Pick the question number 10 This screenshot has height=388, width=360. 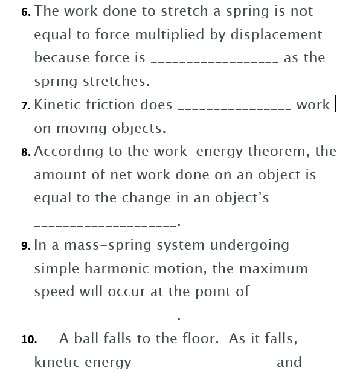(29, 340)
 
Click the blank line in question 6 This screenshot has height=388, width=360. (214, 62)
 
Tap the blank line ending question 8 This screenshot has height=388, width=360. (106, 224)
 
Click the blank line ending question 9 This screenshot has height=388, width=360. (106, 318)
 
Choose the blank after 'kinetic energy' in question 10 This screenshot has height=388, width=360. (204, 366)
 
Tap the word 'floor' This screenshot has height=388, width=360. (200, 338)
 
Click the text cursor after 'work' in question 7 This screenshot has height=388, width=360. (335, 105)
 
